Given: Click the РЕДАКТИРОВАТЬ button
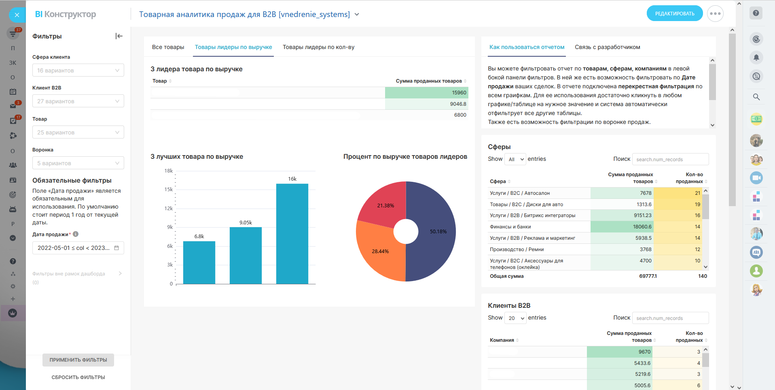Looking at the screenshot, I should (x=674, y=14).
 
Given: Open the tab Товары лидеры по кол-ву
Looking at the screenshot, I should (x=318, y=47).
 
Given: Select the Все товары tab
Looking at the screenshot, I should (x=168, y=47).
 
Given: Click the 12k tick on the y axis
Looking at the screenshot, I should (x=169, y=208).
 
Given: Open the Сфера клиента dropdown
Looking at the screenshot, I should (x=78, y=70).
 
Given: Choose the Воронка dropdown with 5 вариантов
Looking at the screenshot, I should (x=78, y=163).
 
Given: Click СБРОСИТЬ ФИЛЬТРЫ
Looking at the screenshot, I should (x=78, y=377).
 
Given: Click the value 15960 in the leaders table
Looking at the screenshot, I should (x=459, y=93).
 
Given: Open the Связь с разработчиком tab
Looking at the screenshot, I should (x=607, y=47).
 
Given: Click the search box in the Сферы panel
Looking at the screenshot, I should (x=670, y=160).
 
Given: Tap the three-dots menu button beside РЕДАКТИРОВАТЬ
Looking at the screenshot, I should (x=715, y=14).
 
